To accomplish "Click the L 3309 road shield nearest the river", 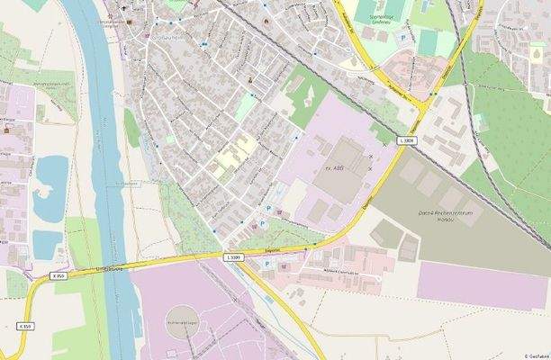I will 233,257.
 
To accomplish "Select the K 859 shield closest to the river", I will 59,276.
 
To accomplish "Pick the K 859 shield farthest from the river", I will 24,325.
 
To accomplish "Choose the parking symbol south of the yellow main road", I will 267,264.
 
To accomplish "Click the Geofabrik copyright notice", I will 536,355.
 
